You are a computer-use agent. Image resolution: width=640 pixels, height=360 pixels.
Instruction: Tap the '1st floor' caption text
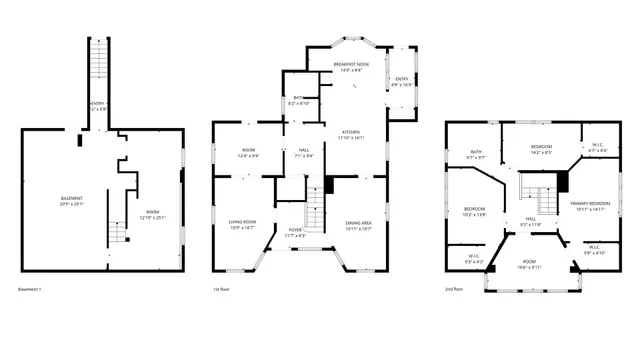pos(221,289)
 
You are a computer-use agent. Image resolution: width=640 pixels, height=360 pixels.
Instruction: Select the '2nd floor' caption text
pos(453,289)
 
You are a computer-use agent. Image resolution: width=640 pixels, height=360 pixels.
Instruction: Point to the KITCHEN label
pos(351,131)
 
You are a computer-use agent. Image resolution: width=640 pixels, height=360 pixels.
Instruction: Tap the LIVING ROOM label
pos(242,222)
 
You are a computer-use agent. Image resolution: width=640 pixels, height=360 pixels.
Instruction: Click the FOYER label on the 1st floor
pos(296,229)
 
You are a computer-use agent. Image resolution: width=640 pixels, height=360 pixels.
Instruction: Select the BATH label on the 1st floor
pos(298,97)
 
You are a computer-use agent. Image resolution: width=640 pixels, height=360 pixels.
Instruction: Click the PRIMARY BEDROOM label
pos(590,203)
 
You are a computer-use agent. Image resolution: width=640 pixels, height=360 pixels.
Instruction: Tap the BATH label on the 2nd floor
pos(476,152)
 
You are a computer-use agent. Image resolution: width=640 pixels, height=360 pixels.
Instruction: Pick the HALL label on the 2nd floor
pos(530,218)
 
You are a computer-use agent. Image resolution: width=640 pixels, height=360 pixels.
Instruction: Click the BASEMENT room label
pos(71,198)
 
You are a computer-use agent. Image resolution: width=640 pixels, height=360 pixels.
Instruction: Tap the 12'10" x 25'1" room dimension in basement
pos(152,217)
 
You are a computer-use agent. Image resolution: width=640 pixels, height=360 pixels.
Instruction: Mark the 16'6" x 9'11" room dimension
pos(529,267)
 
